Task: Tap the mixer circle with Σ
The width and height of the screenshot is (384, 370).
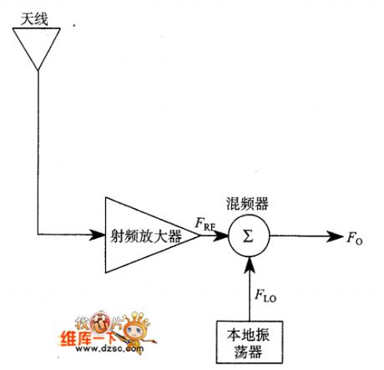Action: (247, 236)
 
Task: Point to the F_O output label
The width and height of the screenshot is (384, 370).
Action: (354, 237)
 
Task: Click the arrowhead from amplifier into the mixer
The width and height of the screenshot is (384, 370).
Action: (222, 236)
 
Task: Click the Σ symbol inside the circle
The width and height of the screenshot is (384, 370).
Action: (247, 236)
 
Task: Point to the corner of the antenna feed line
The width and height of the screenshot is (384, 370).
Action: (38, 236)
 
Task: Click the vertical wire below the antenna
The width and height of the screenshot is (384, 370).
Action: (38, 150)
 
